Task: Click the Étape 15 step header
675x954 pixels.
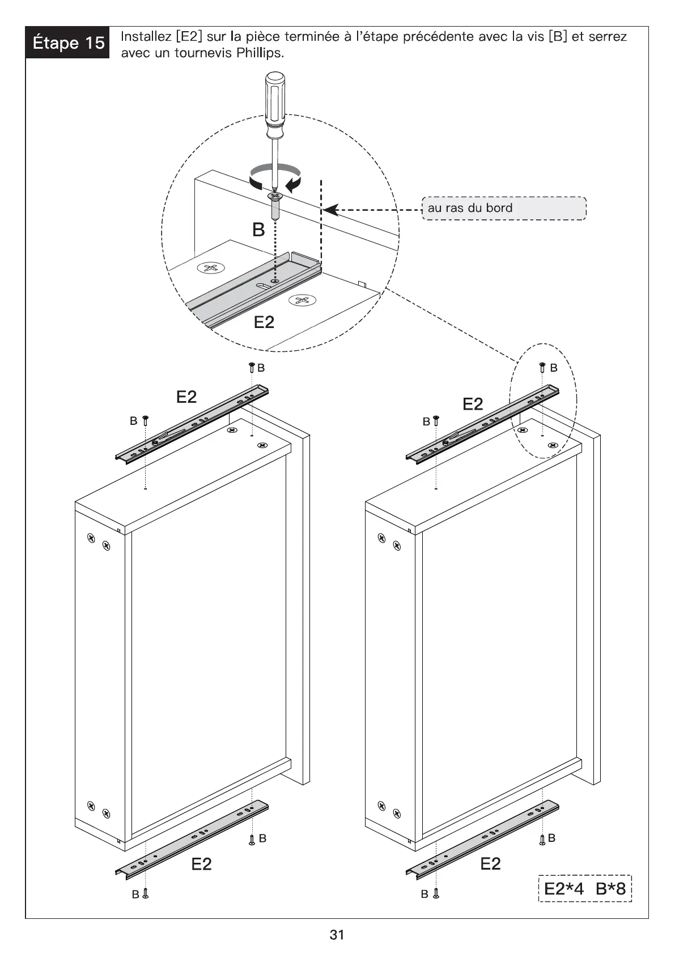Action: tap(67, 43)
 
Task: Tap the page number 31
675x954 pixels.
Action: tap(337, 935)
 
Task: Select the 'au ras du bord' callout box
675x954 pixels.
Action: tap(504, 208)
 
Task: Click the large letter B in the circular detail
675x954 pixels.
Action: tap(258, 230)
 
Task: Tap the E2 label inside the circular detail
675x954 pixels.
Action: tap(264, 322)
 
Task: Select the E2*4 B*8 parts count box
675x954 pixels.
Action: tap(585, 888)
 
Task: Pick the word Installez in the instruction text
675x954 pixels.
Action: tap(146, 37)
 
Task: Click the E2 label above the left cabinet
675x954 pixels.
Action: tap(186, 397)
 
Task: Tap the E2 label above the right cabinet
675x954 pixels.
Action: tap(473, 404)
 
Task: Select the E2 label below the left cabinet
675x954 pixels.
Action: tap(201, 864)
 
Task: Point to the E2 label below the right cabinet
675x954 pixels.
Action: tap(490, 864)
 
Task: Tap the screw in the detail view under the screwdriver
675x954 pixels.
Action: tap(275, 206)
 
